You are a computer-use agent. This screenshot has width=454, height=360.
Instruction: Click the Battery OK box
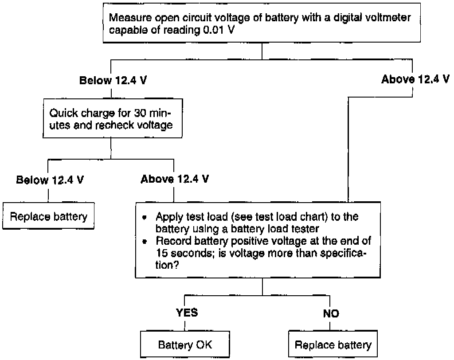pos(185,344)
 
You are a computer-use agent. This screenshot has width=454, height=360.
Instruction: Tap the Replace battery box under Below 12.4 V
pos(48,216)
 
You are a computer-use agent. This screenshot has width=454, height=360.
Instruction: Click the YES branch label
pos(187,313)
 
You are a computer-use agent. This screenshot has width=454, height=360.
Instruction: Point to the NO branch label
pos(331,313)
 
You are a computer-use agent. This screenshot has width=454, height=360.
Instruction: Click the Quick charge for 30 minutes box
pos(113,118)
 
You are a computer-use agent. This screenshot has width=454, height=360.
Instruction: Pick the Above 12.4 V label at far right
pos(415,79)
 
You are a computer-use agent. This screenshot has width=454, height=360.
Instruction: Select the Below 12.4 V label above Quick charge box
pos(113,80)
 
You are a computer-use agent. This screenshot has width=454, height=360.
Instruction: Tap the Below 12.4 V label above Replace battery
pos(50,180)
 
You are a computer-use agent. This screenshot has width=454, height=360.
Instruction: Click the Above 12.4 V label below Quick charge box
pos(175,179)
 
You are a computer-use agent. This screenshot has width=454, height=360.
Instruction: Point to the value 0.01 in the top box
pos(213,30)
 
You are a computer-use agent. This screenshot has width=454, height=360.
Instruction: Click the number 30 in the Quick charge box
pos(140,113)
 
